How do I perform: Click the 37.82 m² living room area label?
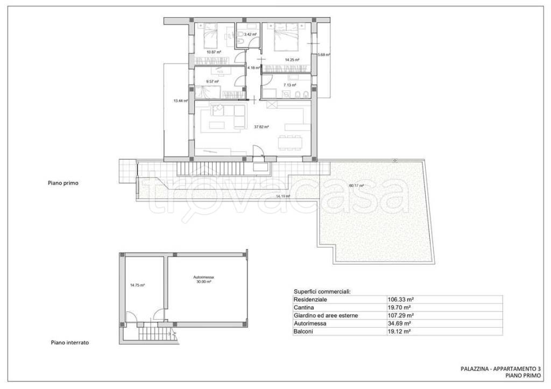tap(261, 127)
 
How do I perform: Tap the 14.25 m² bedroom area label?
tap(292, 60)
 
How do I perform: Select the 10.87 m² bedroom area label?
tap(214, 52)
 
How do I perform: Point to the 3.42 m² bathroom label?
tap(250, 34)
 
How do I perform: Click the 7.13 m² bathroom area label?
tap(289, 85)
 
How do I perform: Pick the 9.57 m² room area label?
tap(213, 82)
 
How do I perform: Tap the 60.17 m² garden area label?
tap(356, 186)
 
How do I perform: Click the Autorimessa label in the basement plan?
tap(203, 277)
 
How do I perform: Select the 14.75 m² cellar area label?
tap(137, 285)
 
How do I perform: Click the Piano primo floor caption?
tap(63, 183)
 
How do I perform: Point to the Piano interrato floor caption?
tap(70, 342)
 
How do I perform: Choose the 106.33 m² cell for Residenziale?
tap(400, 300)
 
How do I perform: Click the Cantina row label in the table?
tap(304, 307)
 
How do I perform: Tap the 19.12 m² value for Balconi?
tap(399, 331)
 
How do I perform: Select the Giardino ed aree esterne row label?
tap(326, 315)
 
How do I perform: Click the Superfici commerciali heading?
tap(322, 292)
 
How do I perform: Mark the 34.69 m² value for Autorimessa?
tap(399, 323)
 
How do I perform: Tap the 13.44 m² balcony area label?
tap(181, 101)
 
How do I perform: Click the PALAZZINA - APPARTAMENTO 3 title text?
tap(501, 369)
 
